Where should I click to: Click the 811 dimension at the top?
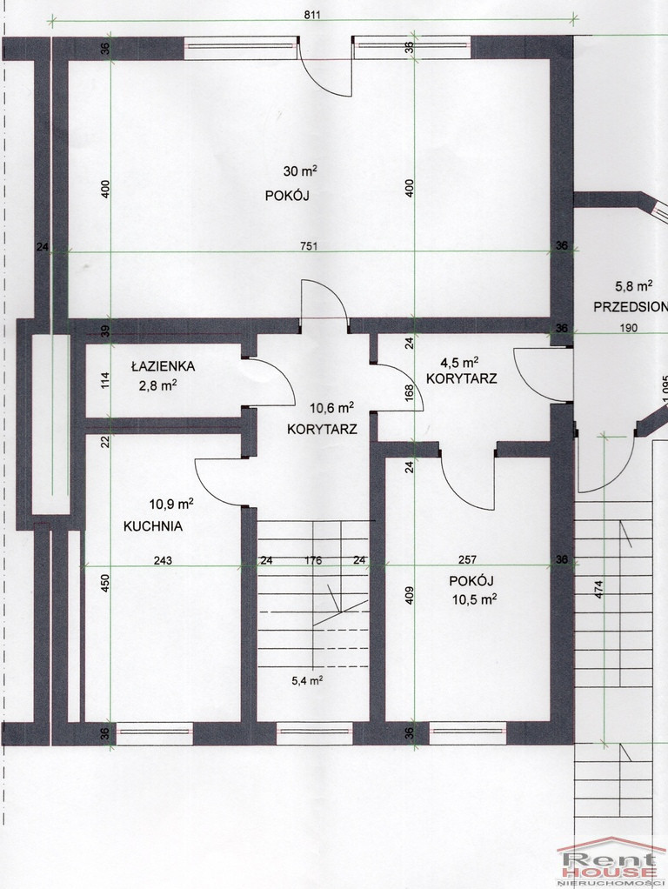coord(312,15)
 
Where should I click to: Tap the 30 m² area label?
coord(300,170)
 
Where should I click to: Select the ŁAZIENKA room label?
coord(163,366)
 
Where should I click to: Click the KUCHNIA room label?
coord(153,526)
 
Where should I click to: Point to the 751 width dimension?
coord(309,246)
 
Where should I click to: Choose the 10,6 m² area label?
coord(331,408)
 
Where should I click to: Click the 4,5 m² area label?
coord(460,362)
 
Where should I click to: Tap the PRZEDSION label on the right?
coord(631,307)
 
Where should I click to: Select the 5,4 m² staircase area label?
coord(307,680)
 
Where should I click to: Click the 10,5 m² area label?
coord(475,599)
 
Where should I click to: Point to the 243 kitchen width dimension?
coord(163,561)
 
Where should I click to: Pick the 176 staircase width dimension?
coord(313,561)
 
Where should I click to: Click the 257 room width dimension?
coord(467,560)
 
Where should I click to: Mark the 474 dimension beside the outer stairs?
coord(599,590)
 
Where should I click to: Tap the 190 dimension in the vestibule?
coord(628,328)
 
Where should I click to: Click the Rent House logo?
coord(611,862)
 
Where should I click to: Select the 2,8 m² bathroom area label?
coord(158,386)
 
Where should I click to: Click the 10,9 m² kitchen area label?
coord(171,504)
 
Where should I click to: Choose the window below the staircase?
coord(314,732)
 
